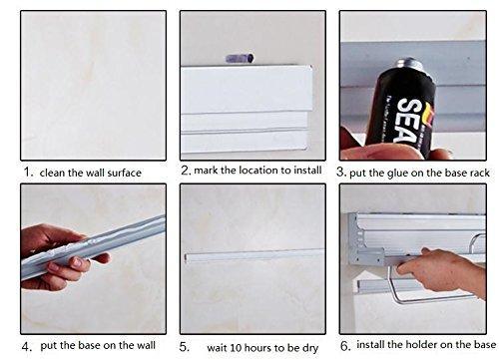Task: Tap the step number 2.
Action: (x=186, y=171)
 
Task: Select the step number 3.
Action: (x=341, y=172)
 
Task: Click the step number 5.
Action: (x=186, y=346)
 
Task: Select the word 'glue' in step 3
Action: (x=396, y=172)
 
